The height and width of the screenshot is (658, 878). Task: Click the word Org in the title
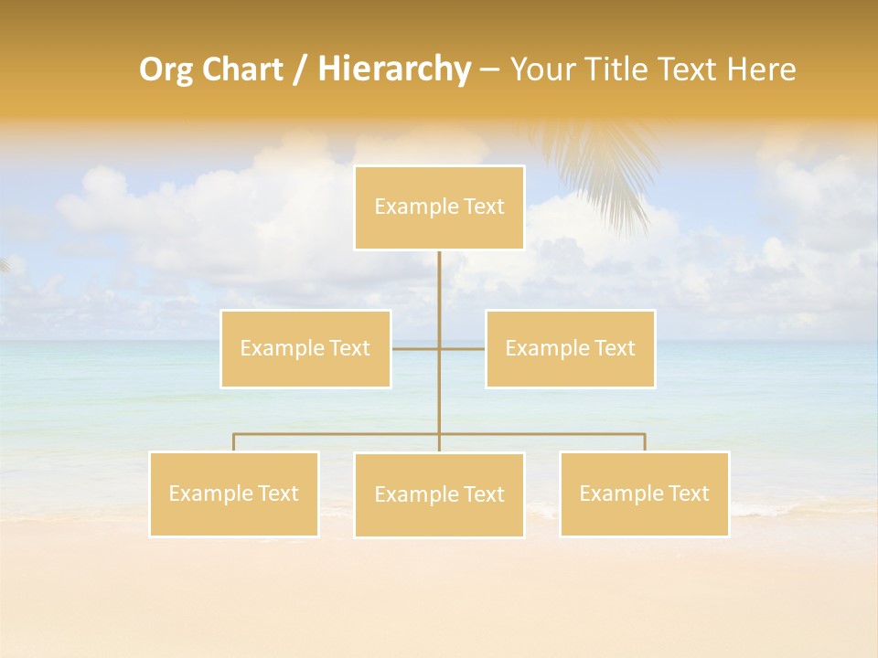[166, 69]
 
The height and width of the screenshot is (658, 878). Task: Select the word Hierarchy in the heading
[393, 69]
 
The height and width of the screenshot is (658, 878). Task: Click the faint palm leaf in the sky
[604, 169]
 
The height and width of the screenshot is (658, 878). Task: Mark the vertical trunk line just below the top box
[439, 283]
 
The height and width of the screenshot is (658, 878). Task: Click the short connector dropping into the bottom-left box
[234, 442]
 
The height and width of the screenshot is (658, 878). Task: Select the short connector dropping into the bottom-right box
[645, 442]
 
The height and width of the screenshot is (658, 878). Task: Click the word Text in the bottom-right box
[688, 493]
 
